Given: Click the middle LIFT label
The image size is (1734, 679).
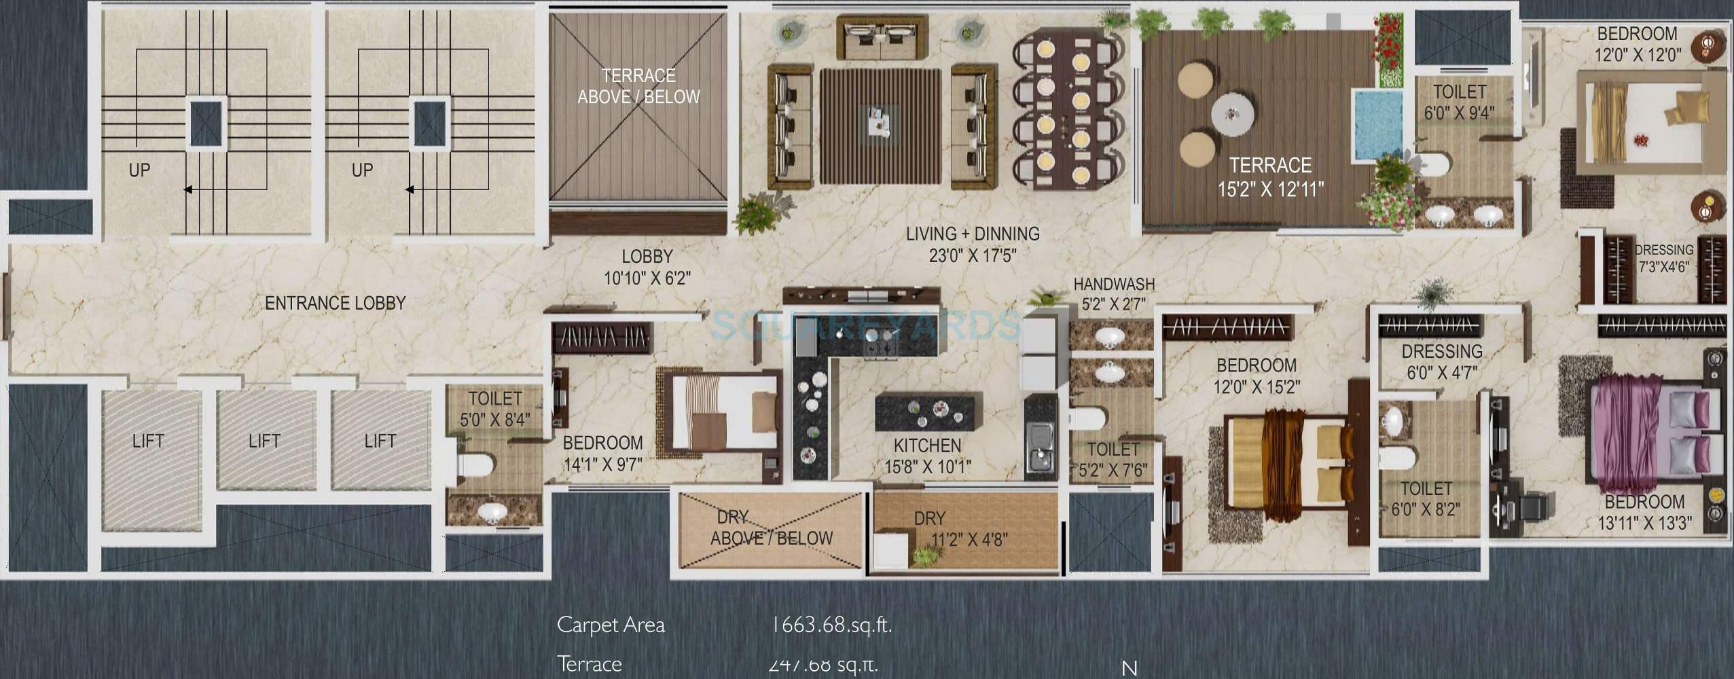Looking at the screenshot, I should point(264,441).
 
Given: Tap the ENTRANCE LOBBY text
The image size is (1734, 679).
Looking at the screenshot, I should point(335,304).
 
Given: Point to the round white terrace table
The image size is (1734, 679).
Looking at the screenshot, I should point(1233,113).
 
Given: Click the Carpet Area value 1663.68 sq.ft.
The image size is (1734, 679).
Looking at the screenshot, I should point(831,625).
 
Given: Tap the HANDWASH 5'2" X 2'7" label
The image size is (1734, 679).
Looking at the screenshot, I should point(1113,293).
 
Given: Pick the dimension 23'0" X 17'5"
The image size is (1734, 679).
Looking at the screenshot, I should point(973,257).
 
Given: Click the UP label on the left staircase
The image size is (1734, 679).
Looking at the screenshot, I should point(139,170).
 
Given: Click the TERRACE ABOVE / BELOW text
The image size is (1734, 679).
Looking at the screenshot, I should point(638,86).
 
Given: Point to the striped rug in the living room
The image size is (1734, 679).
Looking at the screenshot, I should point(880,126).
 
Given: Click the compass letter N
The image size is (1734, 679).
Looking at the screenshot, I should point(1130,668).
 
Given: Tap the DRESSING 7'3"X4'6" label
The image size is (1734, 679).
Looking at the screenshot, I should point(1663,259).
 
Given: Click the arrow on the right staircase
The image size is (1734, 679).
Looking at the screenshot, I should point(410,189).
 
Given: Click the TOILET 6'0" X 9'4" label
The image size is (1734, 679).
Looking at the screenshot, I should point(1460,102).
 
